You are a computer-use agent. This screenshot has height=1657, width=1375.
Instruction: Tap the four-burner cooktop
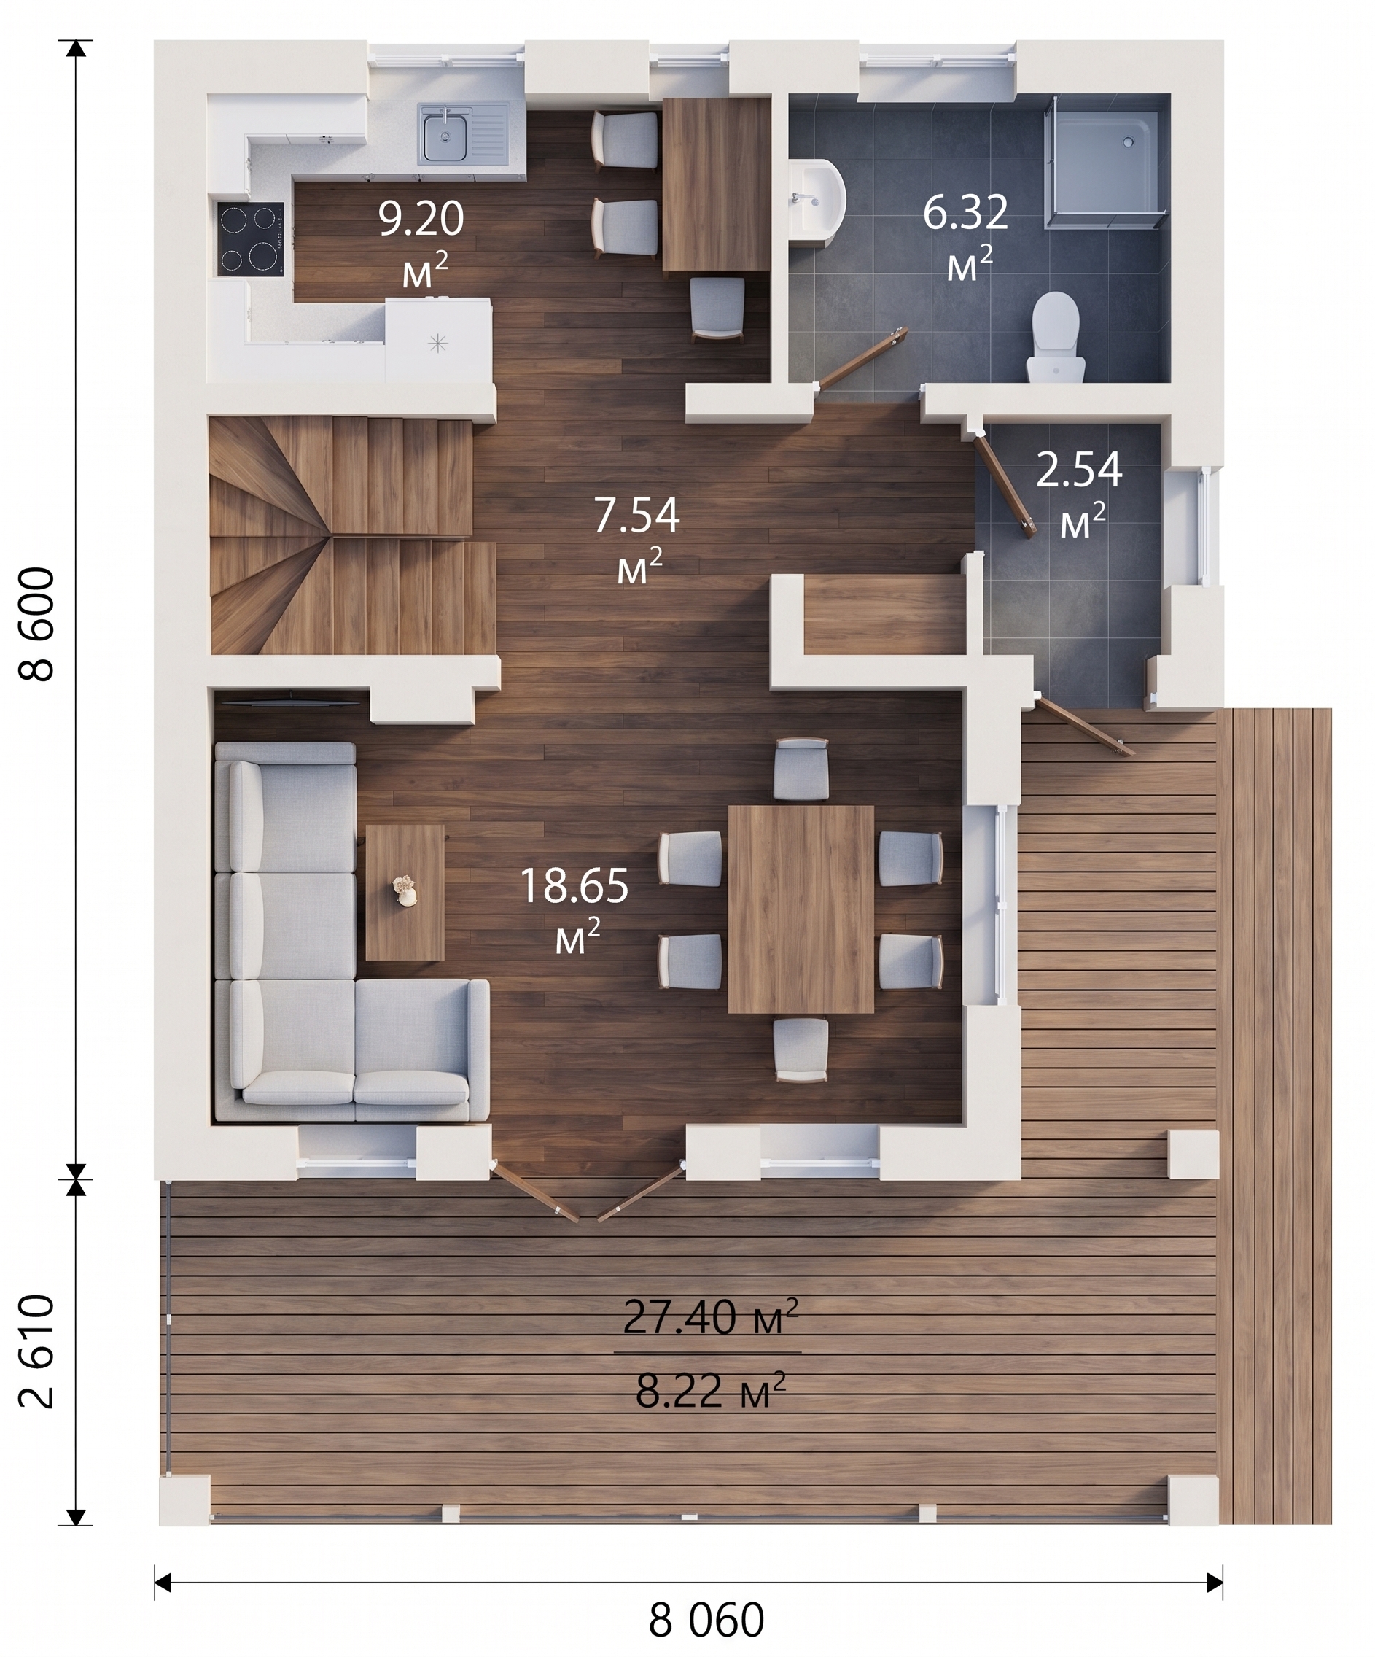tap(251, 238)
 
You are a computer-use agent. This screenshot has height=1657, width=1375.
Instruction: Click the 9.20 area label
tap(421, 219)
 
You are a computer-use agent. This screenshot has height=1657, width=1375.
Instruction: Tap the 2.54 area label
tap(1078, 470)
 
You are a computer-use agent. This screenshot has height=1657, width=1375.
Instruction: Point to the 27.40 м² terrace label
tap(711, 1316)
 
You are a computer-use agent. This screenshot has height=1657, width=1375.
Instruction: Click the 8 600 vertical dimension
tap(36, 624)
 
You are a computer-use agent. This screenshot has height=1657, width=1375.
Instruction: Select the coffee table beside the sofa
tap(405, 893)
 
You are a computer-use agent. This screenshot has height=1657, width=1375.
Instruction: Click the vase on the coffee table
tap(405, 890)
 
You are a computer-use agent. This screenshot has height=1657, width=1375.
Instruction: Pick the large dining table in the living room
tap(801, 909)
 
